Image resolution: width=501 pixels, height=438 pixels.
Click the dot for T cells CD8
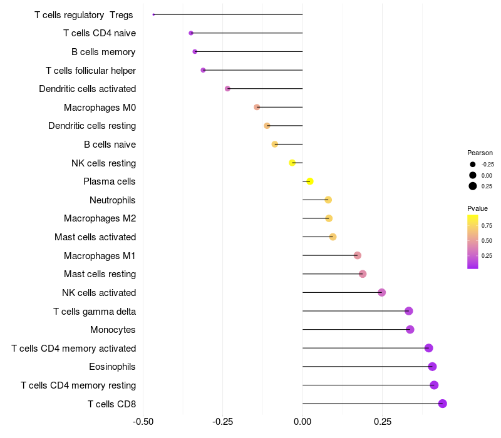point(442,404)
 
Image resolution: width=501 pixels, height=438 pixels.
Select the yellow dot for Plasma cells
point(309,181)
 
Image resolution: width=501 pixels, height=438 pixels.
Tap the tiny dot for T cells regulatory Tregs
point(153,14)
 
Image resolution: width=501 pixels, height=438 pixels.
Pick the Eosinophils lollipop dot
point(432,367)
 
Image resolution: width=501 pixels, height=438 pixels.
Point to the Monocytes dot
point(410,330)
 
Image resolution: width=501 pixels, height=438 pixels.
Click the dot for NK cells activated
point(382,292)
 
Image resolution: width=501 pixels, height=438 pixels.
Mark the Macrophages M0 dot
point(257,107)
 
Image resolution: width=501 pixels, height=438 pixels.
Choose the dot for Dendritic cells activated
point(227,89)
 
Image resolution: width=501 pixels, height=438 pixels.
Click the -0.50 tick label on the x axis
point(143,422)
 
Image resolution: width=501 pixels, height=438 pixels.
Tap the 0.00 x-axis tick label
point(302,422)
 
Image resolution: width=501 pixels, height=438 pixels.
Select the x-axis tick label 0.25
point(383,422)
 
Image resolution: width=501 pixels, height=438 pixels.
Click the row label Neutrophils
point(113,200)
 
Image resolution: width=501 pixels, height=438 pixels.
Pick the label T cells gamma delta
point(95,312)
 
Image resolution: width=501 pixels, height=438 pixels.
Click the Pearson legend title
point(480,153)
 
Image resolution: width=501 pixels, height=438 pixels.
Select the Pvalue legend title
point(477,208)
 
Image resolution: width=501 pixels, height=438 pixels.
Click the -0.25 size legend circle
point(472,165)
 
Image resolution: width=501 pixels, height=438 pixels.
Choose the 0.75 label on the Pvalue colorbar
point(487,225)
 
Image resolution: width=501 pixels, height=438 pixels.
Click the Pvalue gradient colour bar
point(473,242)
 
